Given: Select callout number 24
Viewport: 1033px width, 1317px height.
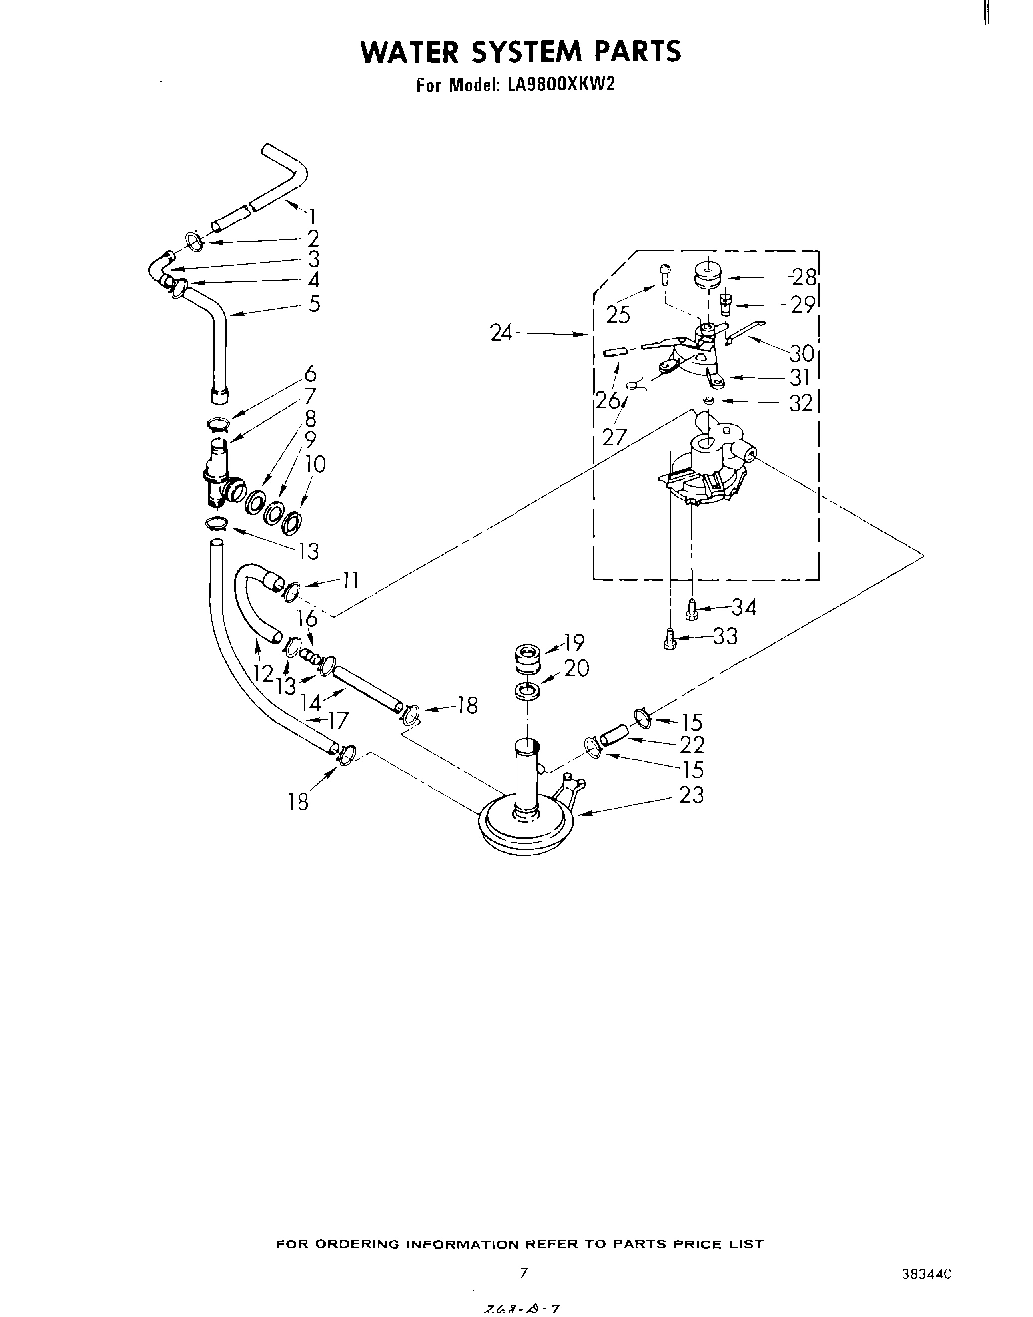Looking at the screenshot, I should click(x=502, y=333).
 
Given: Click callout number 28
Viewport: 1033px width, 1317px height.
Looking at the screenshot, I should click(x=803, y=277).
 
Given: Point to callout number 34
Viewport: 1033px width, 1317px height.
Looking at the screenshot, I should click(x=743, y=607).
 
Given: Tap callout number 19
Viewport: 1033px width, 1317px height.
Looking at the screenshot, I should click(x=574, y=642).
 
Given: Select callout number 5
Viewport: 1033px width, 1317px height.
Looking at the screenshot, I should click(x=314, y=304).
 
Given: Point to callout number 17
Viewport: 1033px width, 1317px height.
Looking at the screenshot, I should click(x=338, y=720).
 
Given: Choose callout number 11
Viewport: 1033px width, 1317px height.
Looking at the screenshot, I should click(x=349, y=580).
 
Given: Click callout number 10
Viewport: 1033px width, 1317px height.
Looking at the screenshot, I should click(x=315, y=464).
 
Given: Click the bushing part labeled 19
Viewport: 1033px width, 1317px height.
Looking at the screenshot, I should click(x=525, y=661).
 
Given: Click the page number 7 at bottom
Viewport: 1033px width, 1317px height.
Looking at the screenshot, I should click(x=523, y=1272).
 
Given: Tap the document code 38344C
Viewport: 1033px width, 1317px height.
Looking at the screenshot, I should click(x=928, y=1274).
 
